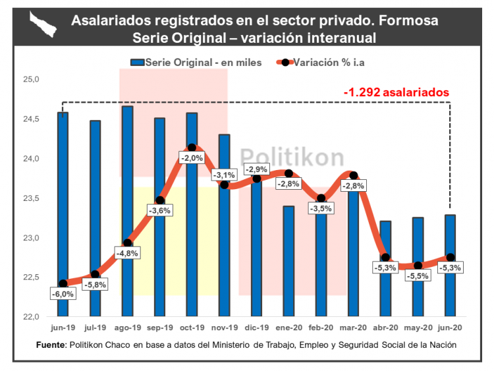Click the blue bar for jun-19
pyautogui.click(x=63, y=198)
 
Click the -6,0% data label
pyautogui.click(x=63, y=295)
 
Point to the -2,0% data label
pyautogui.click(x=192, y=158)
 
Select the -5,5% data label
pyautogui.click(x=418, y=276)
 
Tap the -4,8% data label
pyautogui.click(x=127, y=254)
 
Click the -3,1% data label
pyautogui.click(x=224, y=175)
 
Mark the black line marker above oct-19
pyautogui.click(x=192, y=148)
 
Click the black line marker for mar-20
pyautogui.click(x=354, y=175)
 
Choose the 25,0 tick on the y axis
pyautogui.click(x=32, y=80)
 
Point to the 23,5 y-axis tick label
pyautogui.click(x=32, y=198)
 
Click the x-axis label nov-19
pyautogui.click(x=224, y=328)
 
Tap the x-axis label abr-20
pyautogui.click(x=385, y=328)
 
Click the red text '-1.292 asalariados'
pyautogui.click(x=397, y=92)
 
